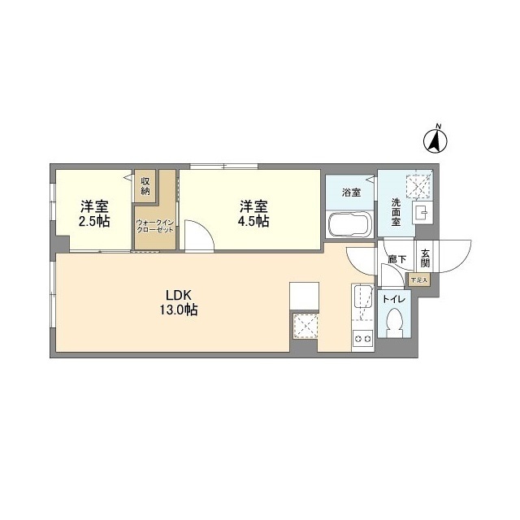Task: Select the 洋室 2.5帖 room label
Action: click(95, 213)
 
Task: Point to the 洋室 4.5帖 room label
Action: click(253, 213)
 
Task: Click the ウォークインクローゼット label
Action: click(154, 227)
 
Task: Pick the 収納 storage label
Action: click(145, 186)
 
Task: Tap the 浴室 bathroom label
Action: click(350, 193)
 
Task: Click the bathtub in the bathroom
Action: click(349, 223)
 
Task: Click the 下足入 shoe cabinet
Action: click(418, 280)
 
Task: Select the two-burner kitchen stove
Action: click(362, 337)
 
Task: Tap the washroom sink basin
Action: click(421, 214)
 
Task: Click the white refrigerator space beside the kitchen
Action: click(305, 297)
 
